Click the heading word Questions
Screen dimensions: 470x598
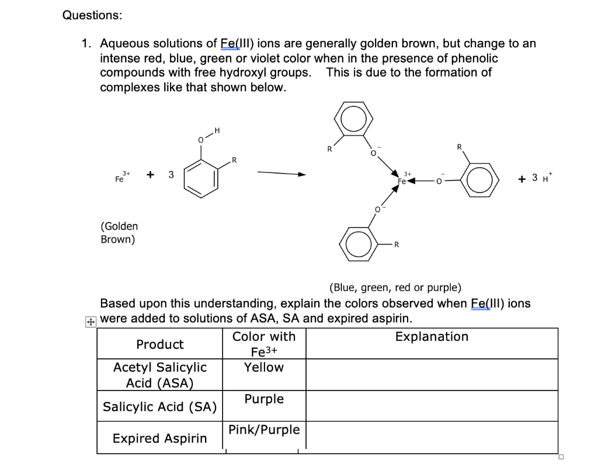pyautogui.click(x=92, y=15)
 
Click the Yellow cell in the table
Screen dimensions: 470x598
pyautogui.click(x=263, y=368)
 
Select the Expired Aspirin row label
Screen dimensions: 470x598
pyautogui.click(x=159, y=438)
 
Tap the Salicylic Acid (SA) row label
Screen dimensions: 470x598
pyautogui.click(x=159, y=407)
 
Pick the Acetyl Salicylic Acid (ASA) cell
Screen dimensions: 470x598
pyautogui.click(x=159, y=375)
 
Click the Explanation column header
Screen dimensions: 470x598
pyautogui.click(x=432, y=337)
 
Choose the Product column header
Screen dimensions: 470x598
pyautogui.click(x=159, y=344)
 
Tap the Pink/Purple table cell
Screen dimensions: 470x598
pyautogui.click(x=264, y=430)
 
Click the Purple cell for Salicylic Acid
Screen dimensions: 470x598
pyautogui.click(x=264, y=399)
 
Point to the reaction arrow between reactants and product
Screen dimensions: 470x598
pyautogui.click(x=281, y=174)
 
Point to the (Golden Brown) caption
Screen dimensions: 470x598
pyautogui.click(x=119, y=233)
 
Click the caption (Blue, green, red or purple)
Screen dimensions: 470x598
pyautogui.click(x=395, y=288)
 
